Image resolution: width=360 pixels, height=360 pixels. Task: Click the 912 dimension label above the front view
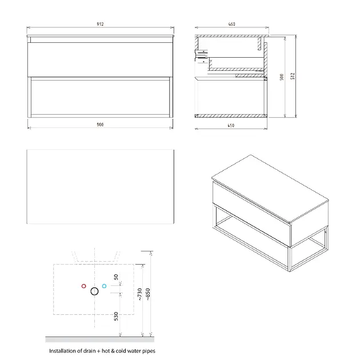100,24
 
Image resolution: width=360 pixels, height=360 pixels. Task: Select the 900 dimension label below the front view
100,125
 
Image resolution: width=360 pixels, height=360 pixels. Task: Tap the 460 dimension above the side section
231,24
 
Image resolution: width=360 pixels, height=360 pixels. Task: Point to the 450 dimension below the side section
231,125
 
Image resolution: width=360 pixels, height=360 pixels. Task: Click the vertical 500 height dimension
282,77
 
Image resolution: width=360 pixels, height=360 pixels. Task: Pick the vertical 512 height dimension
292,76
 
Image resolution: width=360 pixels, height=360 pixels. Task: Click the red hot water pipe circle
84,286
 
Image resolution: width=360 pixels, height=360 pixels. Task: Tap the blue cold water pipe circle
104,286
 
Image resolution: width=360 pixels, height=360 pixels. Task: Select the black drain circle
95,291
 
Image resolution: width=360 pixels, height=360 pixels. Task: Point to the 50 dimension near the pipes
116,277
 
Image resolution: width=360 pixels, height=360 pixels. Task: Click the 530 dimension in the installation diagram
116,316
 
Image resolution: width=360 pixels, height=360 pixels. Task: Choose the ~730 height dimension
139,294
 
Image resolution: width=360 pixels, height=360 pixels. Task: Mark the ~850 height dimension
148,294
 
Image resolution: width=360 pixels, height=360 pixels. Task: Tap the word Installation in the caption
62,351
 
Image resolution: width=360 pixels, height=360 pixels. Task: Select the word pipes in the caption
149,351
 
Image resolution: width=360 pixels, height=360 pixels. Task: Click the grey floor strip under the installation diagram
99,339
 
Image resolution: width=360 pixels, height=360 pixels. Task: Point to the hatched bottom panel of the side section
231,116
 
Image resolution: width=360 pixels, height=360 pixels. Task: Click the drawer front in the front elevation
100,59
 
